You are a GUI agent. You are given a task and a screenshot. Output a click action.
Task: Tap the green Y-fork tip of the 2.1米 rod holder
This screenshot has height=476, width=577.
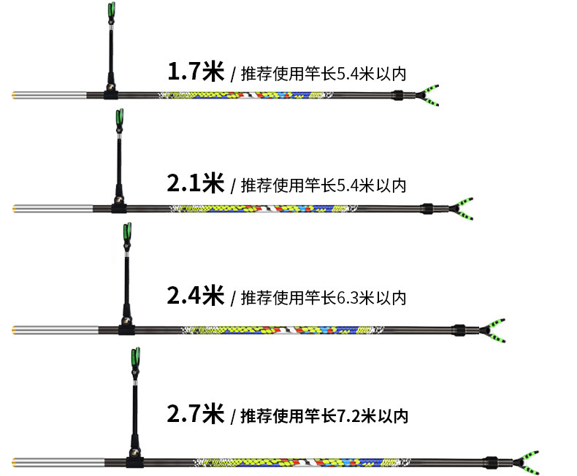pos(463,205)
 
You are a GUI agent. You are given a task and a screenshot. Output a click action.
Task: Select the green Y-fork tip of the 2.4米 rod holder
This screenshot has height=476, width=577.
pos(494,327)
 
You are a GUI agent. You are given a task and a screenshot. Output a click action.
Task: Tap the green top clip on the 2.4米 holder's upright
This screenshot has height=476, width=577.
pos(127,232)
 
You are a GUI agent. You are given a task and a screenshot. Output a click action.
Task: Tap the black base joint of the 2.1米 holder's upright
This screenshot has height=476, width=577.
pos(117,205)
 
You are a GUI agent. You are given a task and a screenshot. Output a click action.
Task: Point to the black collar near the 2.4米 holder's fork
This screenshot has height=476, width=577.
pos(459,329)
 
